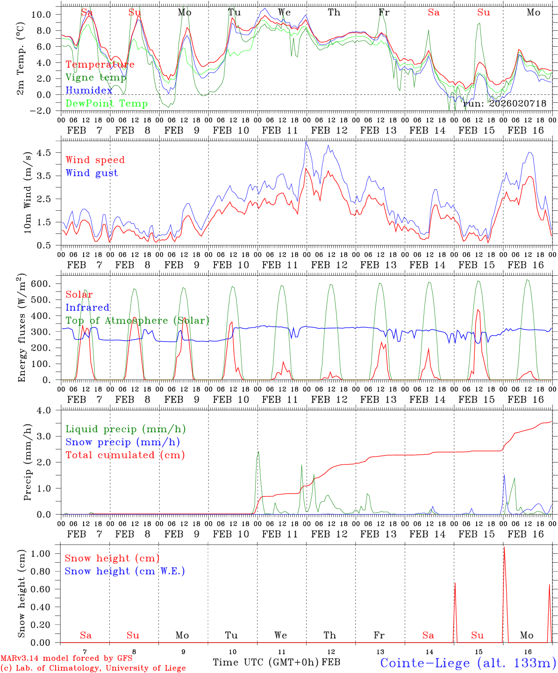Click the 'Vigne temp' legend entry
96,78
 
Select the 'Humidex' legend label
89,91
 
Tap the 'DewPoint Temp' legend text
107,104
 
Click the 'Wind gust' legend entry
92,173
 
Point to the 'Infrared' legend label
87,308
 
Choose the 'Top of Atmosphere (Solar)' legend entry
137,321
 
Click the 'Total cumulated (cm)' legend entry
125,455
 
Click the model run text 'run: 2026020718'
504,104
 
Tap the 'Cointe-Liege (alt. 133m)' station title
468,663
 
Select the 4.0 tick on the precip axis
49,410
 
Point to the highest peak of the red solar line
478,309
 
